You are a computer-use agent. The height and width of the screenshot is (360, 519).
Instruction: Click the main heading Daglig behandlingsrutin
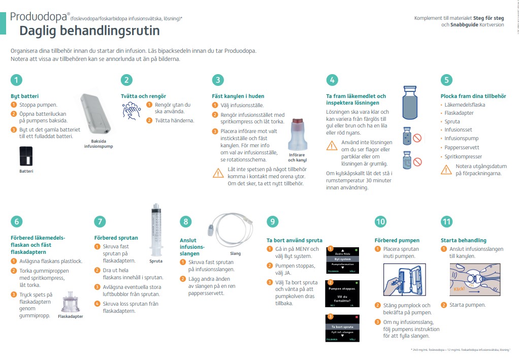(89, 31)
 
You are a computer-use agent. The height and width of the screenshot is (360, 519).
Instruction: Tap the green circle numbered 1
(17, 80)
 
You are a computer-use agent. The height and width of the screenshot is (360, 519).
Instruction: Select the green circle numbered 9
(273, 221)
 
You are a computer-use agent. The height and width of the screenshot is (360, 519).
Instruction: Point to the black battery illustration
(25, 156)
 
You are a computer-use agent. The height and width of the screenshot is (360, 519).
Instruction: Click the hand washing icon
(132, 111)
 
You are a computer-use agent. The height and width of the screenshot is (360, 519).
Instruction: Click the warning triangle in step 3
(218, 173)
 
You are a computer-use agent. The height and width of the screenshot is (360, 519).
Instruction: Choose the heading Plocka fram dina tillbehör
(473, 96)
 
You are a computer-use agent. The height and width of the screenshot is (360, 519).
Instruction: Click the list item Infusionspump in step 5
(461, 138)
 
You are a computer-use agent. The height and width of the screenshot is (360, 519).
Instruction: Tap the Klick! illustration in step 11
(472, 282)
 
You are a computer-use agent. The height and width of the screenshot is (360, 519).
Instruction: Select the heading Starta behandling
(463, 240)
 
